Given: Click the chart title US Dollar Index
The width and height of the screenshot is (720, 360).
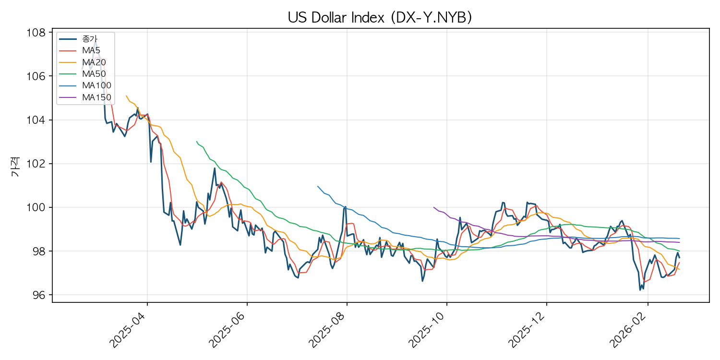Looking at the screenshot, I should point(380,17).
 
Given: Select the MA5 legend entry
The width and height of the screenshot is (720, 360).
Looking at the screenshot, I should point(91,50).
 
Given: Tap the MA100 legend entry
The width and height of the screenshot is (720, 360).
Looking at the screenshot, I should point(96,85).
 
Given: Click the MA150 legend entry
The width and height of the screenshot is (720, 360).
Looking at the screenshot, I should point(96,97).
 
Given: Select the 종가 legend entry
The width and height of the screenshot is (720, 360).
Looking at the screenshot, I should point(90,38).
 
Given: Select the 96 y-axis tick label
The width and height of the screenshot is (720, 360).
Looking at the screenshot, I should point(40,295).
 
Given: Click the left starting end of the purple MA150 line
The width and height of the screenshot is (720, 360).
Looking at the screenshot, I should point(433,207).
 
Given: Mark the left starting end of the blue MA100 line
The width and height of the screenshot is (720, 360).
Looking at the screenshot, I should point(317,186).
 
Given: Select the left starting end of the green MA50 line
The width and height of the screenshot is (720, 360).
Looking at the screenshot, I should point(196,142).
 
